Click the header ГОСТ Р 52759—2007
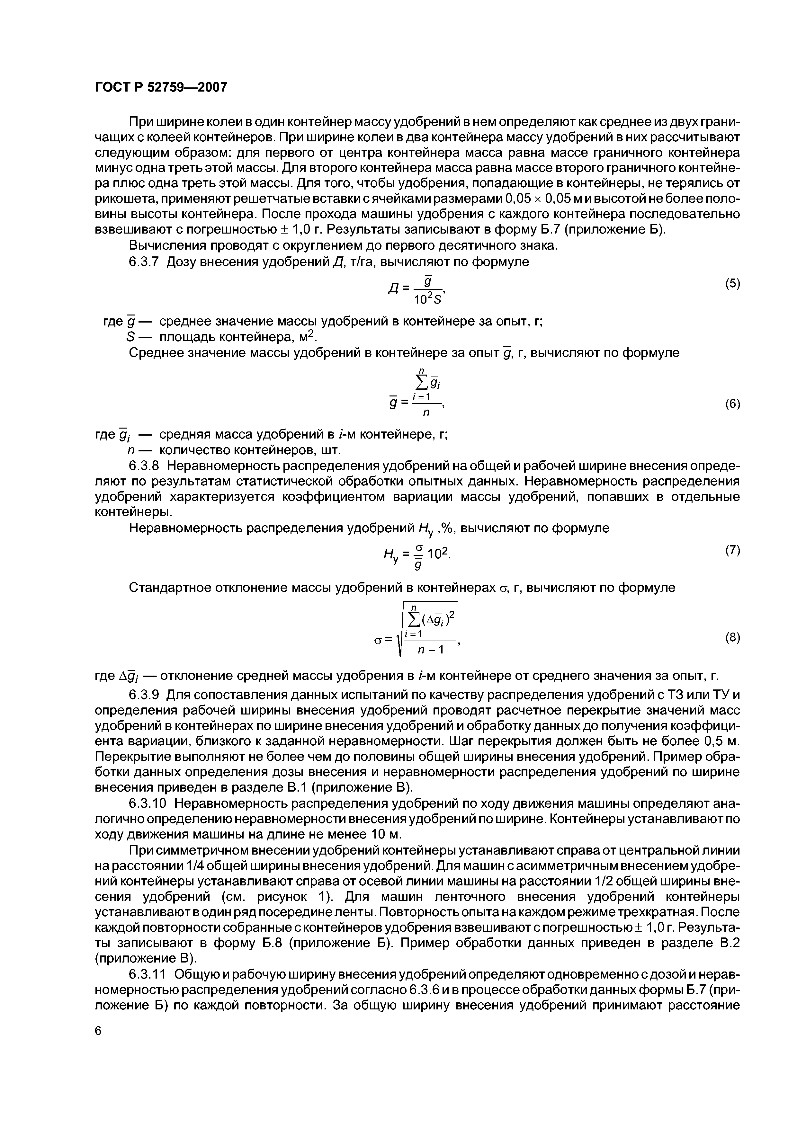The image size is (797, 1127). coord(161,87)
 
